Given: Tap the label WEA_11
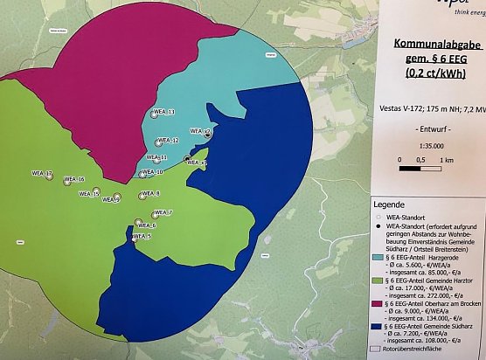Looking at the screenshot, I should tap(160, 157).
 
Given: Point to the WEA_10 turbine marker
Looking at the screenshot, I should tap(142, 174).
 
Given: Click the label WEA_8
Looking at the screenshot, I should tap(151, 194).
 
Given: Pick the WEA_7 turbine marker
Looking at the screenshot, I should tap(154, 214).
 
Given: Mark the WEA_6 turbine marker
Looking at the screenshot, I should tap(138, 223).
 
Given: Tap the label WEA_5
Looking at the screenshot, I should tap(143, 237).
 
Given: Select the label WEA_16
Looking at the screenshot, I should tap(77, 180).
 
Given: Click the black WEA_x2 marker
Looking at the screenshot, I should tap(207, 134).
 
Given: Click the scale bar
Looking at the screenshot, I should tap(423, 161).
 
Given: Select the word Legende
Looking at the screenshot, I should tap(394, 201).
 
